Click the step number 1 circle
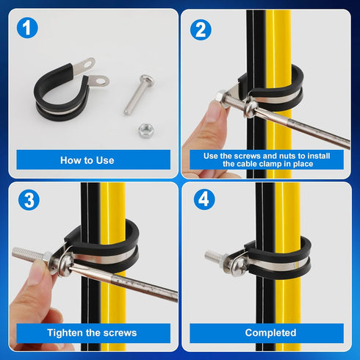(29, 29)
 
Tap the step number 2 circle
(200, 29)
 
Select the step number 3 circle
(29, 199)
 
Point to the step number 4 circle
(200, 200)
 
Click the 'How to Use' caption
(87, 159)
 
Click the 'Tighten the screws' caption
(87, 333)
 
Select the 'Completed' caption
(270, 333)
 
